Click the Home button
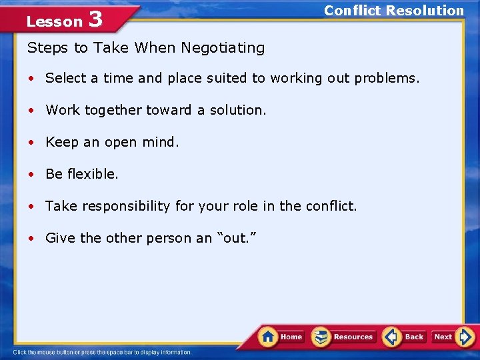(x=281, y=336)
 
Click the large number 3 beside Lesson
(x=95, y=19)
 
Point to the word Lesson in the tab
(x=54, y=21)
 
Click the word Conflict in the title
(x=353, y=11)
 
